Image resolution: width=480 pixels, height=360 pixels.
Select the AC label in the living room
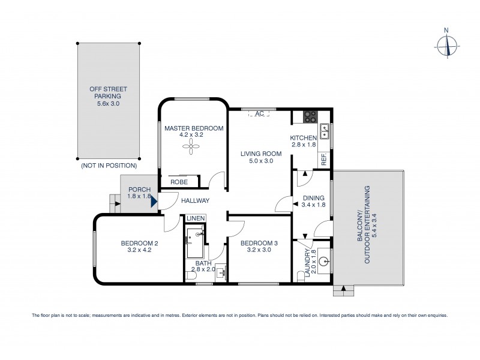click(x=260, y=113)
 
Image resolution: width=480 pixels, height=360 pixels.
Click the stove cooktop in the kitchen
click(x=311, y=117)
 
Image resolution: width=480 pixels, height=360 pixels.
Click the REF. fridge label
click(x=323, y=159)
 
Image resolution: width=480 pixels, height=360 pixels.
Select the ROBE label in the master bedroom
click(x=179, y=182)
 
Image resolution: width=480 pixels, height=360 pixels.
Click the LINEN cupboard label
click(x=196, y=218)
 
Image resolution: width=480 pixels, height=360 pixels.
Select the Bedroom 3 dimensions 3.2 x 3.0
click(x=260, y=251)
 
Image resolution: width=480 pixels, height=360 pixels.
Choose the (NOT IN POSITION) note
click(x=108, y=165)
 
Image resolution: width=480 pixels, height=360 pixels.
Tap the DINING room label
click(x=314, y=197)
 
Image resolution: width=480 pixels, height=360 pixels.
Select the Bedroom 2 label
click(x=139, y=243)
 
